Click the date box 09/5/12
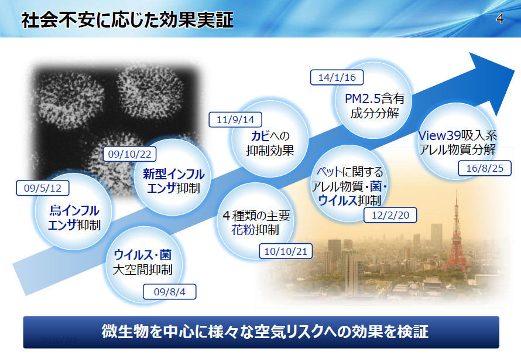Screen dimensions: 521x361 (43, 188)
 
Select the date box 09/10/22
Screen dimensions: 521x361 (129, 154)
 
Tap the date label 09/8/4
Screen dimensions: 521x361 (169, 292)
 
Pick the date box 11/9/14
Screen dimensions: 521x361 (235, 120)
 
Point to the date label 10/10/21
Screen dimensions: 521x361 (286, 251)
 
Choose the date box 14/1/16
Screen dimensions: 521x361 (337, 77)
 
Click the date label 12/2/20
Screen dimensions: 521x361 (390, 215)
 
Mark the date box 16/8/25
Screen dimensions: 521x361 (485, 168)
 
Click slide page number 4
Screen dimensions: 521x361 (500, 19)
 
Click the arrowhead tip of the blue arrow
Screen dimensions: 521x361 (515, 70)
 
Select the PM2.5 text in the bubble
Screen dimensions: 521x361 (362, 98)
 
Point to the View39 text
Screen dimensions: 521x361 (440, 135)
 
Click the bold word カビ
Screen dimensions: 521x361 (260, 136)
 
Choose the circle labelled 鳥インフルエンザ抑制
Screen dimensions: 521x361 (73, 211)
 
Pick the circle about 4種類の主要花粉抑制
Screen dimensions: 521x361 (255, 222)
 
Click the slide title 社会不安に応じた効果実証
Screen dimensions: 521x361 (127, 19)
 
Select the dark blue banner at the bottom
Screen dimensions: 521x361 (261, 332)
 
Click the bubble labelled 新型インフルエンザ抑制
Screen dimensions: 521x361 (173, 177)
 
